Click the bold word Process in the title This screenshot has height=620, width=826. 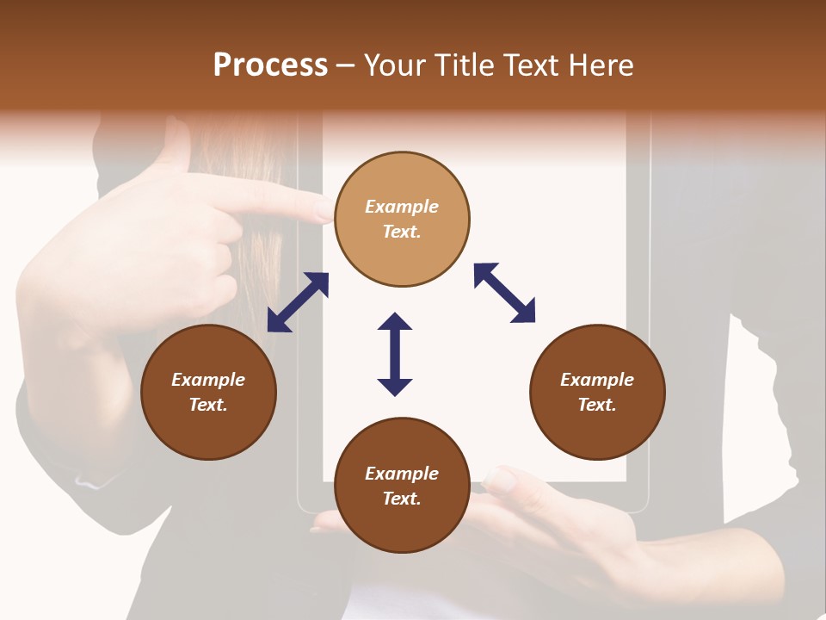(x=270, y=65)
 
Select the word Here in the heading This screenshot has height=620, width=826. (x=601, y=65)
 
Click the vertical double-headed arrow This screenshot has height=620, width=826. (x=395, y=354)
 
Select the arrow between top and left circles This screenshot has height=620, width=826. (x=298, y=302)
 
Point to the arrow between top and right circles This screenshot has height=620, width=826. (x=504, y=293)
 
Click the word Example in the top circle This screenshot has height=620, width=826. (x=402, y=207)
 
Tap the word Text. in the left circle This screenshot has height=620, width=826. (x=208, y=405)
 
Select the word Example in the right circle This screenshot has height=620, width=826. (x=597, y=380)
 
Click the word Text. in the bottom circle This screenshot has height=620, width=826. (x=402, y=499)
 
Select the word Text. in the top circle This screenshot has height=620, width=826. (x=402, y=232)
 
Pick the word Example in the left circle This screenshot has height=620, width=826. (x=208, y=380)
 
